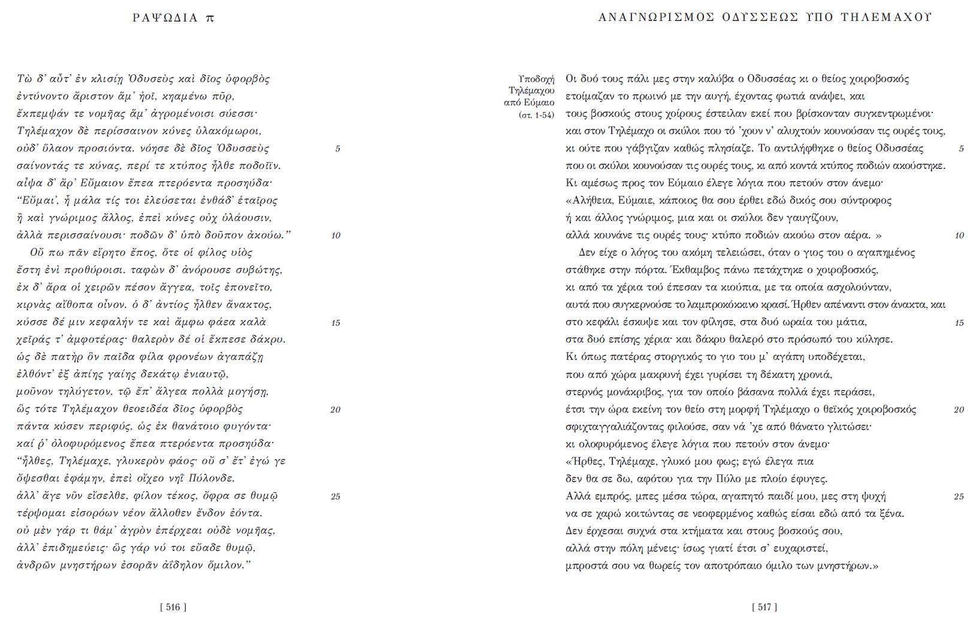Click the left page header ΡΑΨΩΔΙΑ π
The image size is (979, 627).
(x=173, y=18)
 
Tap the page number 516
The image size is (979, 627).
(x=173, y=607)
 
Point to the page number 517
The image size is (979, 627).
(x=765, y=607)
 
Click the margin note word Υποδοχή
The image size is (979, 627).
(x=536, y=79)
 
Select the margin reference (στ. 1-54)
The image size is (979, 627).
(x=536, y=115)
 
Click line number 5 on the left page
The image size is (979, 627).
(x=337, y=149)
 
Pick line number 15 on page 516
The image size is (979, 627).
(x=336, y=323)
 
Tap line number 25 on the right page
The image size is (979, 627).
(x=959, y=496)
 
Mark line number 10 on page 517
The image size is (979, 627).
(x=959, y=236)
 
